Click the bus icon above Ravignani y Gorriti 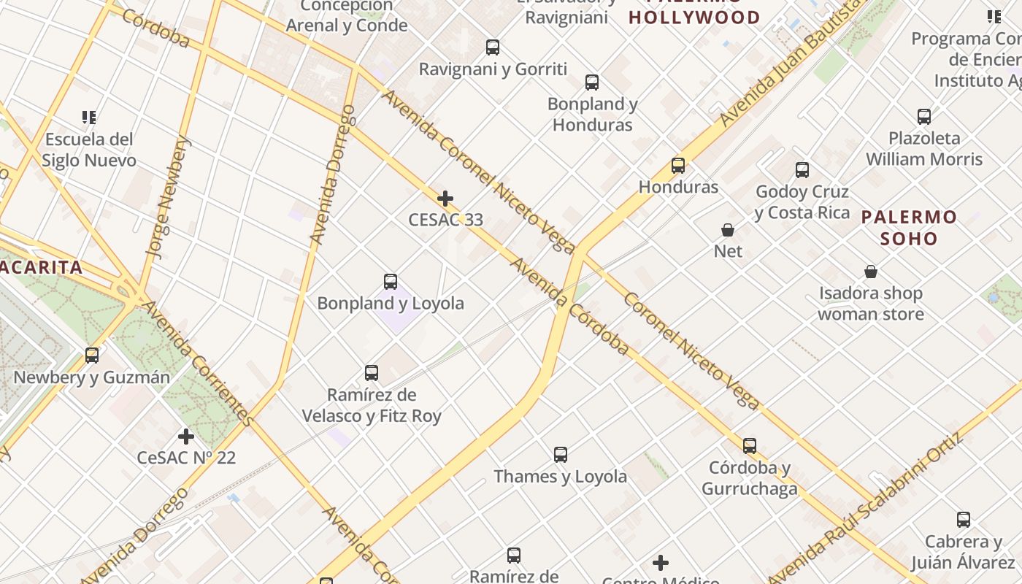pos(493,47)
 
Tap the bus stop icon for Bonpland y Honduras pos(592,82)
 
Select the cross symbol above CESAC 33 pos(445,198)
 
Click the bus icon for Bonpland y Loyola pos(391,281)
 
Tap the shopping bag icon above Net pos(728,230)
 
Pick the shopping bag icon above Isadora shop pos(871,272)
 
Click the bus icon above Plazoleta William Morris pos(924,116)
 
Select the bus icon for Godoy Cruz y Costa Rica pos(802,170)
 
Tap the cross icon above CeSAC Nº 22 pos(186,437)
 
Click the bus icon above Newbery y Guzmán pos(92,356)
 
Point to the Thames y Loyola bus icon pos(561,455)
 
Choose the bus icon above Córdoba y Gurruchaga pos(750,446)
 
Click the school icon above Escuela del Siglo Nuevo pos(89,117)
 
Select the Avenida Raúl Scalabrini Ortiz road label pos(866,507)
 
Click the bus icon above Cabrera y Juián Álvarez pos(964,520)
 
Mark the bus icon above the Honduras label pos(678,166)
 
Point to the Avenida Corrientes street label pos(198,363)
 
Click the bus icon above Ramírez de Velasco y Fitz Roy pos(372,373)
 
